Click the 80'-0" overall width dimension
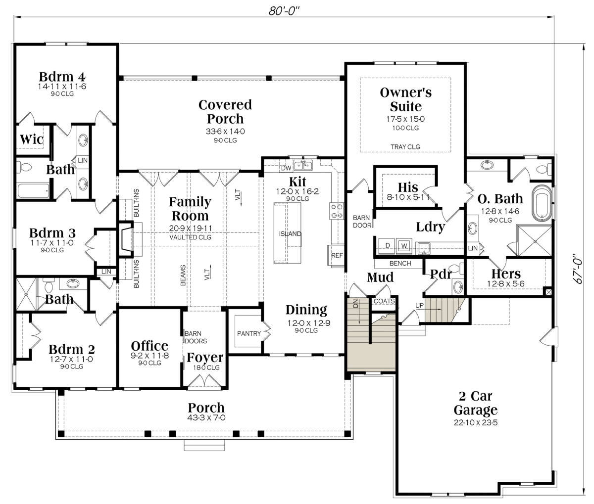tap(284, 11)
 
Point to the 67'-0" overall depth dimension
tap(578, 269)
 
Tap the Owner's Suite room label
tap(405, 99)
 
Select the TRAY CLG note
tap(405, 147)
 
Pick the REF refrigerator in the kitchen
tap(337, 255)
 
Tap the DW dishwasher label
tap(286, 168)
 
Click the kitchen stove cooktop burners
tap(337, 211)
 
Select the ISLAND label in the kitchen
tap(290, 234)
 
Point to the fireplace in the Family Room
tap(126, 239)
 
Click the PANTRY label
tap(249, 333)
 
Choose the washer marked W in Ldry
tap(404, 246)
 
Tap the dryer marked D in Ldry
tap(388, 246)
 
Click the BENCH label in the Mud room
tap(400, 263)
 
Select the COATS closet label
tap(384, 301)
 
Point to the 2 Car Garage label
tap(476, 403)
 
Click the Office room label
tap(149, 346)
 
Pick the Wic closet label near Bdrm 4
tap(32, 139)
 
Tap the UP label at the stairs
tap(420, 305)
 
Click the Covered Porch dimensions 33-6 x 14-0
tap(225, 131)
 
